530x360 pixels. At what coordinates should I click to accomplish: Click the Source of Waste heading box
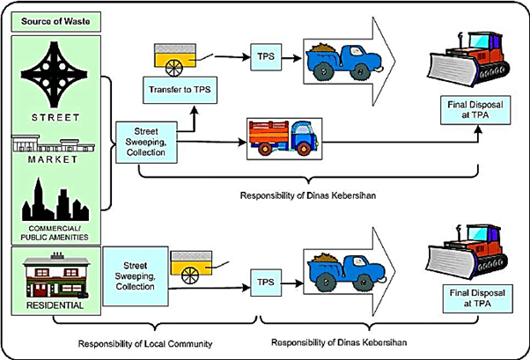(x=55, y=22)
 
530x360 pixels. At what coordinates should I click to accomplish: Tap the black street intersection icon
(x=54, y=75)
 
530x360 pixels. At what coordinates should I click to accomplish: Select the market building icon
(x=53, y=143)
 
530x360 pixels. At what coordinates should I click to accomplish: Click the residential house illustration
(x=56, y=276)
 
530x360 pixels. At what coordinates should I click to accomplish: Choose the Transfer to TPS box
(x=180, y=90)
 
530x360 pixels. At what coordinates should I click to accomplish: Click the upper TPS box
(x=266, y=57)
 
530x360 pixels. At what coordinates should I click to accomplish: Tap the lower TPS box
(x=266, y=283)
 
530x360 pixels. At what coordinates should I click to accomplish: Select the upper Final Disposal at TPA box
(x=475, y=110)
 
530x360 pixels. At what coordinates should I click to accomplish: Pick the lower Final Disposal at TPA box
(x=477, y=298)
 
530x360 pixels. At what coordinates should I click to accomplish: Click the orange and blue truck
(x=283, y=138)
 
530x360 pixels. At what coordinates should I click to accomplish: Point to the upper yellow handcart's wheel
(x=174, y=68)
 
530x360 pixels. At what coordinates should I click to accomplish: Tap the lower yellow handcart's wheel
(x=190, y=276)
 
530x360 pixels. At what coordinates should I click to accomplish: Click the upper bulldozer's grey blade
(x=453, y=69)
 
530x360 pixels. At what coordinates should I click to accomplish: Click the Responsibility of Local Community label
(x=145, y=344)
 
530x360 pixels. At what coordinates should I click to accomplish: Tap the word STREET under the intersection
(x=55, y=118)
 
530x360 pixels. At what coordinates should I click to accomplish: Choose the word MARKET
(x=53, y=159)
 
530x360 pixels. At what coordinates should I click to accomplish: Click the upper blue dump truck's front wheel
(x=360, y=71)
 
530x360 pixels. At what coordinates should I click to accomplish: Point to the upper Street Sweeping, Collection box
(x=146, y=143)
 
